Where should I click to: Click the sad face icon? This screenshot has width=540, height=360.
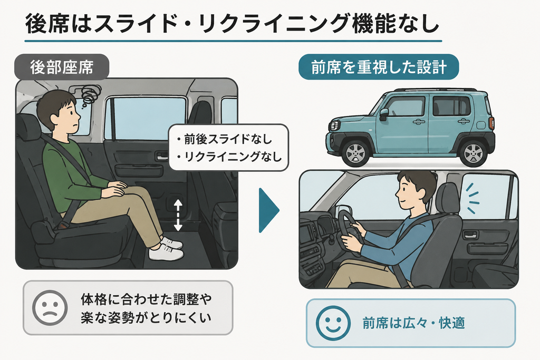pyautogui.click(x=50, y=307)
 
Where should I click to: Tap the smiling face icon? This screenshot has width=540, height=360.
pyautogui.click(x=333, y=323)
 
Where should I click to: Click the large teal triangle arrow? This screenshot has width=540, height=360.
pyautogui.click(x=269, y=210)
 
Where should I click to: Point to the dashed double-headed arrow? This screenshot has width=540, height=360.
pyautogui.click(x=178, y=215)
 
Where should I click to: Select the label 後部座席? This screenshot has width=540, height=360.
pyautogui.click(x=62, y=67)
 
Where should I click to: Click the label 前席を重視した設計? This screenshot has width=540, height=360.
pyautogui.click(x=379, y=67)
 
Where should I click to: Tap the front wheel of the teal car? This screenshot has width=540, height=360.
pyautogui.click(x=355, y=153)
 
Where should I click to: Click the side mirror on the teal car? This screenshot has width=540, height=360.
pyautogui.click(x=383, y=114)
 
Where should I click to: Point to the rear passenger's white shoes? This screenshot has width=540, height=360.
pyautogui.click(x=166, y=248)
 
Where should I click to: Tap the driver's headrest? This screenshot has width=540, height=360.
pyautogui.click(x=448, y=197)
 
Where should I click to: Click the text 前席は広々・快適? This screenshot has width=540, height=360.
pyautogui.click(x=413, y=323)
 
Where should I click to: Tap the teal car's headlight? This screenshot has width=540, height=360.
pyautogui.click(x=333, y=126)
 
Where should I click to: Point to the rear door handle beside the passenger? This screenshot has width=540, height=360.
pyautogui.click(x=161, y=155)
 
